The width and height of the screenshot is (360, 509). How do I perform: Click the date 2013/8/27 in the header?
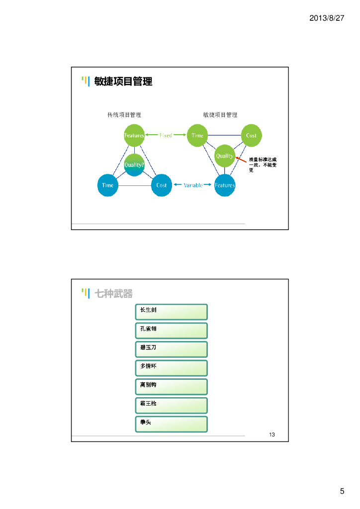(x=327, y=18)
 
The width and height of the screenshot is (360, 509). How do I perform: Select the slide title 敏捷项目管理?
(x=123, y=82)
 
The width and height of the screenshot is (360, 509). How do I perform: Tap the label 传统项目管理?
(x=124, y=115)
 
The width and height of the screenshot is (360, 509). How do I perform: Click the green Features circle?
(x=134, y=136)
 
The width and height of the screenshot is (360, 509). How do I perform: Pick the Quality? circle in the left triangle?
(x=134, y=165)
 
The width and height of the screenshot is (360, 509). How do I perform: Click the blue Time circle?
(x=107, y=185)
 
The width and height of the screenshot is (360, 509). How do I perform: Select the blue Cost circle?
(x=161, y=185)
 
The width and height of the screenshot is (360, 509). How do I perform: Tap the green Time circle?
(x=197, y=136)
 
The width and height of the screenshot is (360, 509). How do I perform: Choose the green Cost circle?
(x=251, y=136)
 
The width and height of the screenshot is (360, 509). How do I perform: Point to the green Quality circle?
(x=224, y=156)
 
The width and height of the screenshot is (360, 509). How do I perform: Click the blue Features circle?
(x=225, y=185)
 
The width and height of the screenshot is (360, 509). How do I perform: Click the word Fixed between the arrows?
(x=166, y=136)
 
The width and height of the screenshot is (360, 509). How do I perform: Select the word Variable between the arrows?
(x=193, y=185)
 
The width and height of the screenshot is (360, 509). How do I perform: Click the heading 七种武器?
(x=114, y=294)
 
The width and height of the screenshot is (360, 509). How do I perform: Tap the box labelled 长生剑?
(x=171, y=312)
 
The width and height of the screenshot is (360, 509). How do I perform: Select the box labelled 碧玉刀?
(x=171, y=349)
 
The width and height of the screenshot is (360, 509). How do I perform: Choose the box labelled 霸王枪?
(x=171, y=406)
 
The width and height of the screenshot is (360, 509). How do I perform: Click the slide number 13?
(x=272, y=435)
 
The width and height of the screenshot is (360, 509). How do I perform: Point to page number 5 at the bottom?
(x=342, y=492)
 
